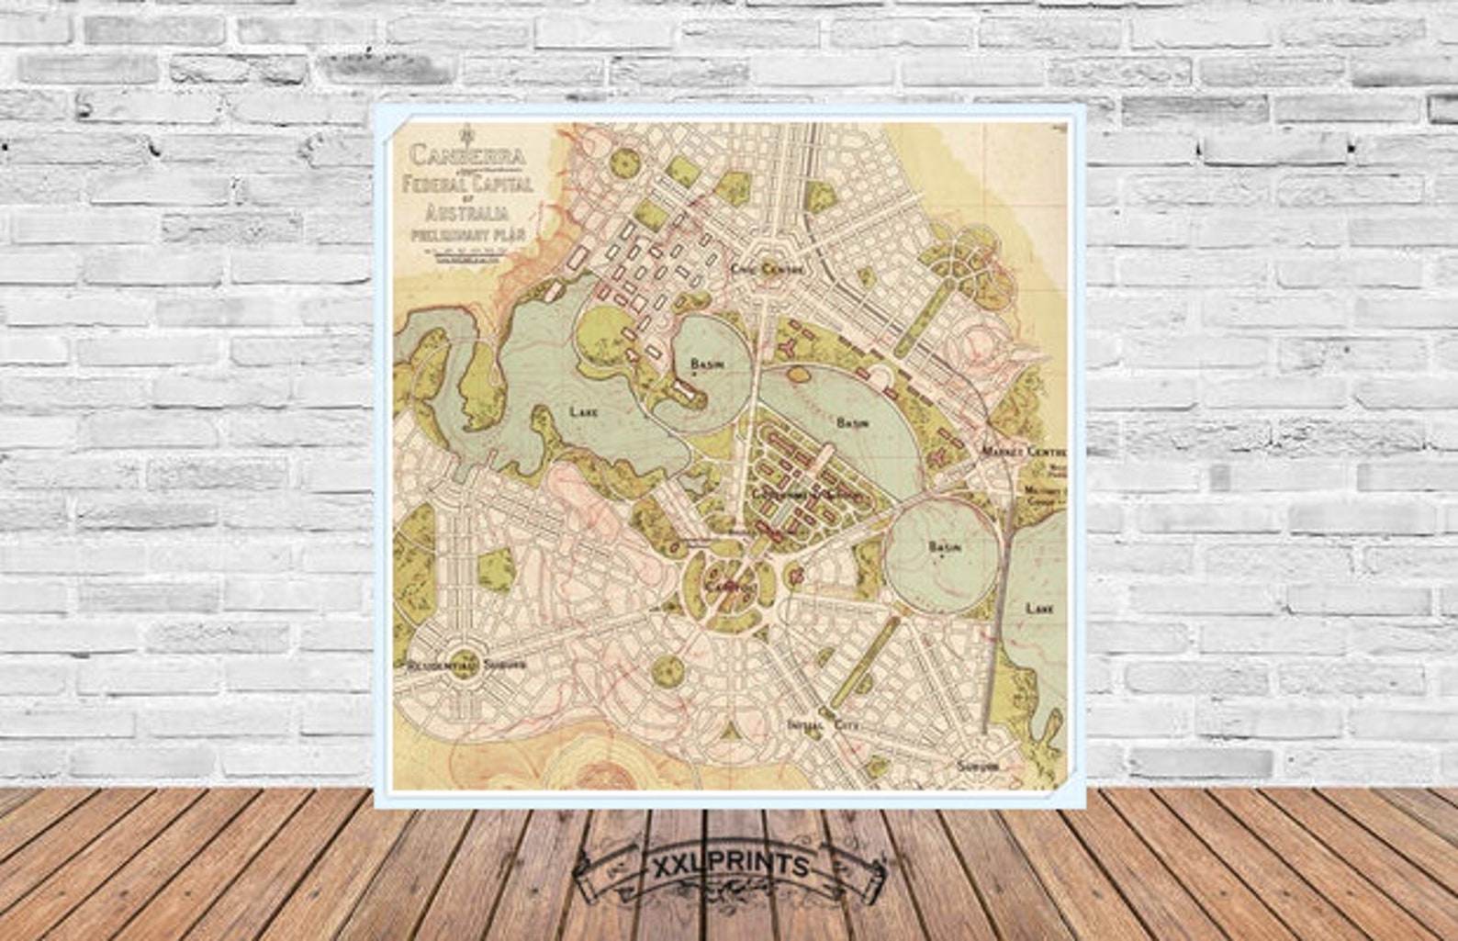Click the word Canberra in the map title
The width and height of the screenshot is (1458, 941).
click(x=467, y=155)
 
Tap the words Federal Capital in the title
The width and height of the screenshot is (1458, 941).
click(x=467, y=185)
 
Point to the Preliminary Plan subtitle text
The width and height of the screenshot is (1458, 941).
click(x=467, y=237)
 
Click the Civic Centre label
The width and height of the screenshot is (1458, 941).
click(x=768, y=269)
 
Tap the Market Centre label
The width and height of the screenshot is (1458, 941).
click(x=1023, y=453)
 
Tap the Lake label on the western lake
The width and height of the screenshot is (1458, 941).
click(x=584, y=411)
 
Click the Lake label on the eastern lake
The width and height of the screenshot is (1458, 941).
click(x=1038, y=608)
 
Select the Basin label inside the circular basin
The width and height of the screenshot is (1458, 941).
click(x=944, y=547)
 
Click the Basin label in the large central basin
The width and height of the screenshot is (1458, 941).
click(x=851, y=423)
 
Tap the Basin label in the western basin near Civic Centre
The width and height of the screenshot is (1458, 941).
click(x=707, y=364)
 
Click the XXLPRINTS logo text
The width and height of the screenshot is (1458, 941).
click(x=730, y=866)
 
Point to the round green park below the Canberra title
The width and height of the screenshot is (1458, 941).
click(x=625, y=162)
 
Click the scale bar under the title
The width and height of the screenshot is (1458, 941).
click(x=467, y=258)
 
